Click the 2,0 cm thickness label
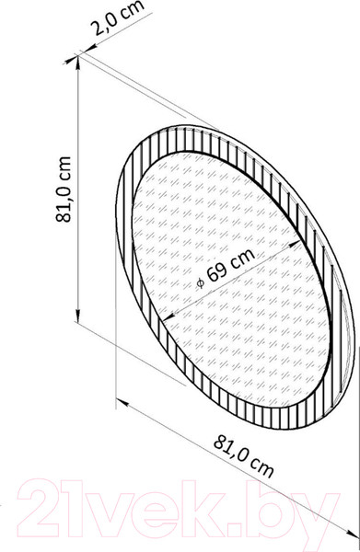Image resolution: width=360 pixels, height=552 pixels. [x=118, y=18]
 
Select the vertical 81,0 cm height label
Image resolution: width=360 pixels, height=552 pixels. [x=64, y=190]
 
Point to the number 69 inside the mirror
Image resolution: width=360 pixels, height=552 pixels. [x=216, y=271]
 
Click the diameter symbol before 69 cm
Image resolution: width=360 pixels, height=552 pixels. [x=201, y=282]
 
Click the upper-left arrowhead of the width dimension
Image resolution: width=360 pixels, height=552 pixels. [x=122, y=402]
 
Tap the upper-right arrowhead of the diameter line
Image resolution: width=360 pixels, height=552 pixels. [x=294, y=245]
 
